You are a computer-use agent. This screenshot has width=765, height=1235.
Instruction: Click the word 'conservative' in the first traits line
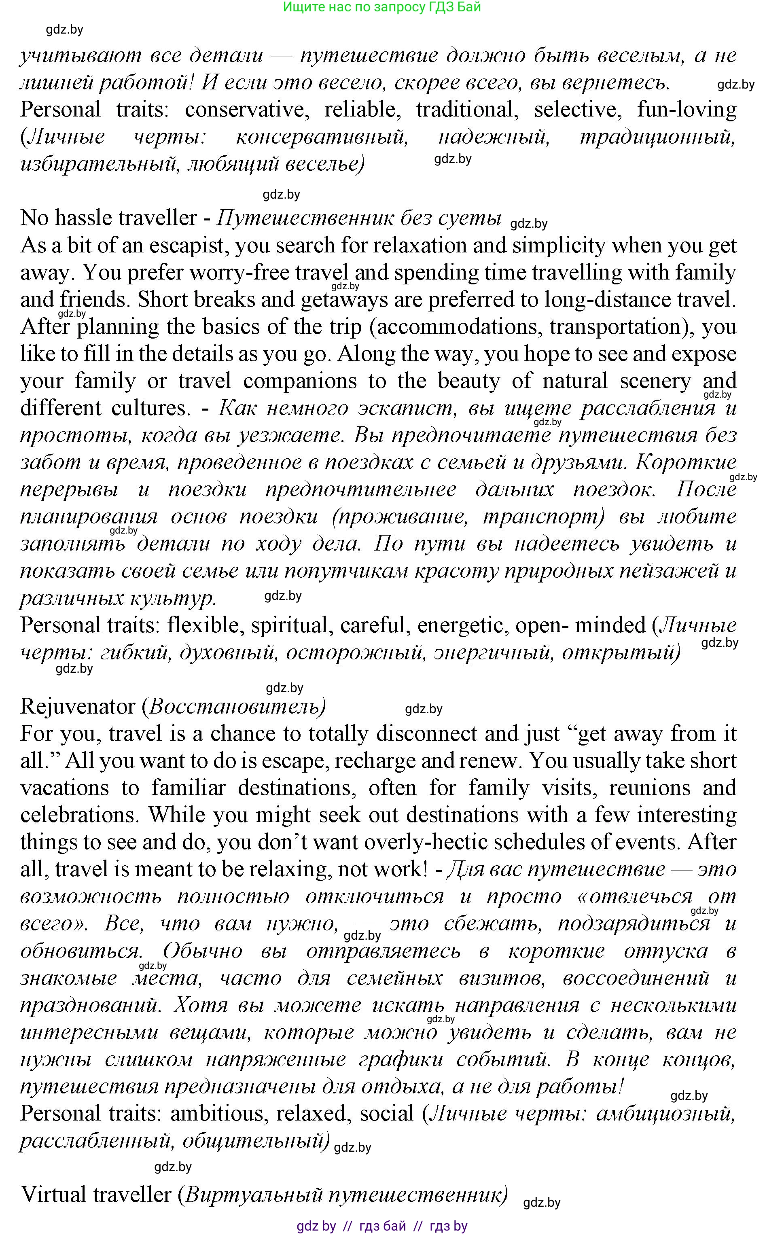pos(247,110)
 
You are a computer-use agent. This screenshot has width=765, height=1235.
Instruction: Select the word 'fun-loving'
pos(686,110)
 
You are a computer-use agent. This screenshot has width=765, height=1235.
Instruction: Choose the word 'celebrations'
pos(81,815)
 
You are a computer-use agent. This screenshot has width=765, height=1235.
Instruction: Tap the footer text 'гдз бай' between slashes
pos(383,1227)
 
